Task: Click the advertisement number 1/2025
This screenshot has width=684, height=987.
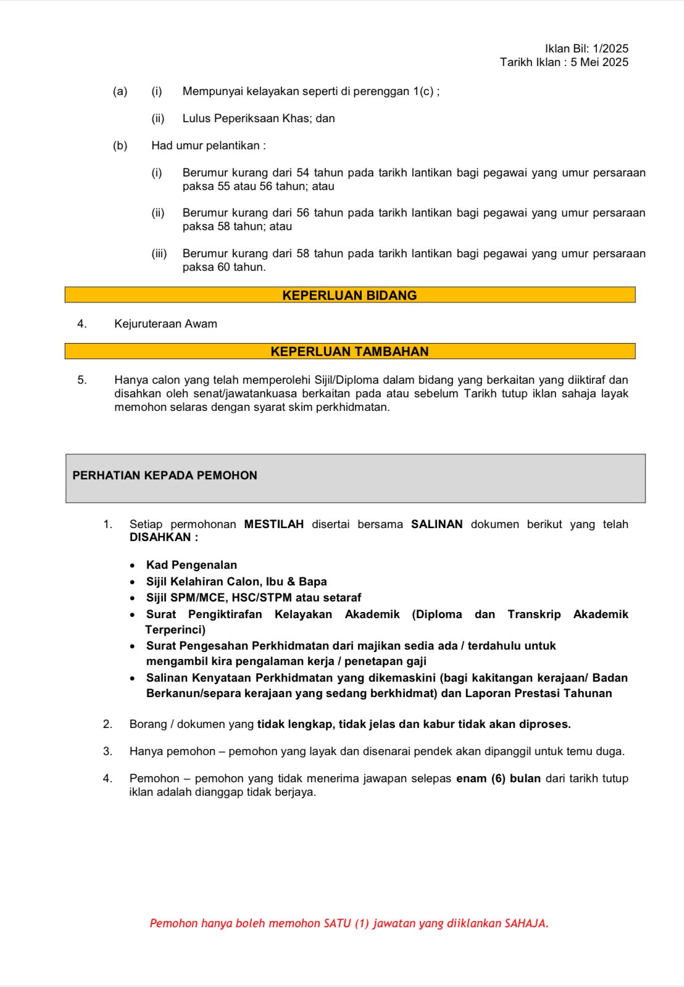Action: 611,49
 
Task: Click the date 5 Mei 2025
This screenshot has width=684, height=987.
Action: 599,62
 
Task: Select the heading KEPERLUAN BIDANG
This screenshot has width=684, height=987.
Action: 349,295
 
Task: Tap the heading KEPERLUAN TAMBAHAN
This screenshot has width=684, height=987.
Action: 349,352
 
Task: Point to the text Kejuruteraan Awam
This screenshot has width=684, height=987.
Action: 165,324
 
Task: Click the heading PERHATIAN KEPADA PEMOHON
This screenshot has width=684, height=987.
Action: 165,476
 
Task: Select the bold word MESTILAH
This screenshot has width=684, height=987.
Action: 274,524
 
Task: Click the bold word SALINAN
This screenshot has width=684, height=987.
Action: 437,524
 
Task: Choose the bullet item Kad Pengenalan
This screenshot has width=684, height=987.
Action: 191,565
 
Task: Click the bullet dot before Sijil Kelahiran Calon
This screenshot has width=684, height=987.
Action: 133,582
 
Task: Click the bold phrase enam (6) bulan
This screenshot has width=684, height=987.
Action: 498,778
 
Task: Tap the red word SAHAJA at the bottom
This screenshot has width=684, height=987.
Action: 525,923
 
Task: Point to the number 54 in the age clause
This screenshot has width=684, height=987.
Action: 302,173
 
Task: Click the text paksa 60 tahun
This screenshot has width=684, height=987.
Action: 223,267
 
